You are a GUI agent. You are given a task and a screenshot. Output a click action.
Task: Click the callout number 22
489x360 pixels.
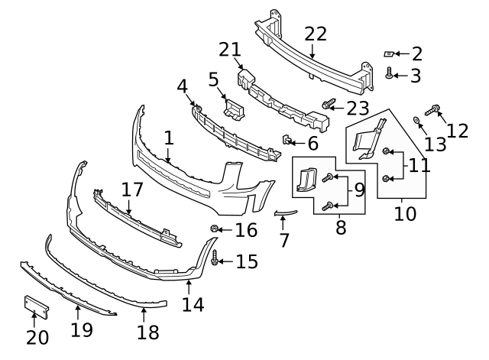[x=315, y=34]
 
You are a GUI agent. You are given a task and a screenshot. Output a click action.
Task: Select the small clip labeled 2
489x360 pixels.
[x=389, y=54]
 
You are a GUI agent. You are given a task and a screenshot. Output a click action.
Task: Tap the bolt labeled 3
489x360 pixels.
[x=389, y=75]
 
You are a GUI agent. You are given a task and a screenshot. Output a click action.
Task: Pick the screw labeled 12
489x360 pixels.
[x=431, y=111]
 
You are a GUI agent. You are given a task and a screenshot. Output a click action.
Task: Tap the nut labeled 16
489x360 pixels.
[x=215, y=229]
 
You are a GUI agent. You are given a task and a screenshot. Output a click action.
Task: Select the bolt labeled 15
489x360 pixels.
[x=215, y=260]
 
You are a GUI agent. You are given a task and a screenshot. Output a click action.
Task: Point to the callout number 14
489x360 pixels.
[x=193, y=303]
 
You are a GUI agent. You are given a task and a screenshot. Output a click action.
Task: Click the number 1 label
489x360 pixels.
[x=168, y=138]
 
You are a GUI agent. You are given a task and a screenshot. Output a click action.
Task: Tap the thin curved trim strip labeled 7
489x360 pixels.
[x=283, y=213]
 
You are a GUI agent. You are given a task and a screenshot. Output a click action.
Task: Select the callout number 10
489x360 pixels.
[x=405, y=212]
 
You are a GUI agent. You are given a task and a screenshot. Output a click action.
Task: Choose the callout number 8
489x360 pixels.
[x=340, y=226]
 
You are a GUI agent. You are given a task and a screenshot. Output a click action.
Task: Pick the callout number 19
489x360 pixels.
[x=81, y=329]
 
